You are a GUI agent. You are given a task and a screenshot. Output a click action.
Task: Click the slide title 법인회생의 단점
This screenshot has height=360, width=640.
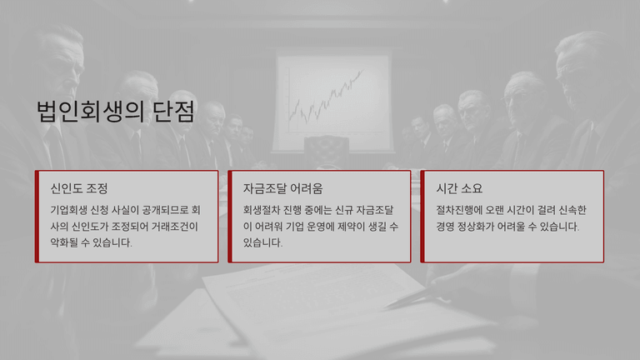(x=116, y=112)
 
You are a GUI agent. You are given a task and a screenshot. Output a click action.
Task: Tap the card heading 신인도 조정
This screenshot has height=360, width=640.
(x=79, y=188)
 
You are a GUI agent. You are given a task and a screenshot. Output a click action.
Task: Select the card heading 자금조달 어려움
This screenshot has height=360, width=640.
(x=282, y=188)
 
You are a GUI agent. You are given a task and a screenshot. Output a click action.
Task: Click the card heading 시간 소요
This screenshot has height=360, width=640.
(x=459, y=188)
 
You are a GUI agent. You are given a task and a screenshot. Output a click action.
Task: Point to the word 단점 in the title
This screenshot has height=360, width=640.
(x=174, y=112)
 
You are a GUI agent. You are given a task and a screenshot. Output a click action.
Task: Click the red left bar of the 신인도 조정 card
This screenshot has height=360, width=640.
(x=37, y=217)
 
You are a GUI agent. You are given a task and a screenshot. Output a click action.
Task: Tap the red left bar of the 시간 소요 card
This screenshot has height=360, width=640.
(x=422, y=217)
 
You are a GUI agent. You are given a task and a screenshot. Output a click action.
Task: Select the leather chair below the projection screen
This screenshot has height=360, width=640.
(x=327, y=151)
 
